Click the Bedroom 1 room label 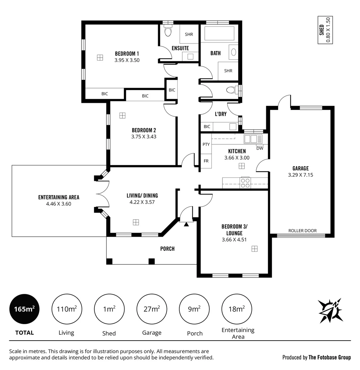click(127, 53)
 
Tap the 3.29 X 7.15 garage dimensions click(300, 175)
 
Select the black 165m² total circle click(24, 309)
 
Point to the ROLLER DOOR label click(302, 231)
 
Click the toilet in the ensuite click(168, 31)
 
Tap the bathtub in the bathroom click(219, 34)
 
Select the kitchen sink click(253, 139)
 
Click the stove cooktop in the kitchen click(245, 183)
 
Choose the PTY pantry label click(206, 144)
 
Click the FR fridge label click(206, 161)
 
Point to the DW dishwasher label click(260, 148)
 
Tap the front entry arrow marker click(186, 224)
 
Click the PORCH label click(167, 249)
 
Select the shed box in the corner click(325, 30)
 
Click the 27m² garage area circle click(152, 309)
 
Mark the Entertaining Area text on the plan click(59, 197)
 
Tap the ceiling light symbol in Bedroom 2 click(122, 115)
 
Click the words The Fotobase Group click(330, 357)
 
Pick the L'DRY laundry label click(220, 114)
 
